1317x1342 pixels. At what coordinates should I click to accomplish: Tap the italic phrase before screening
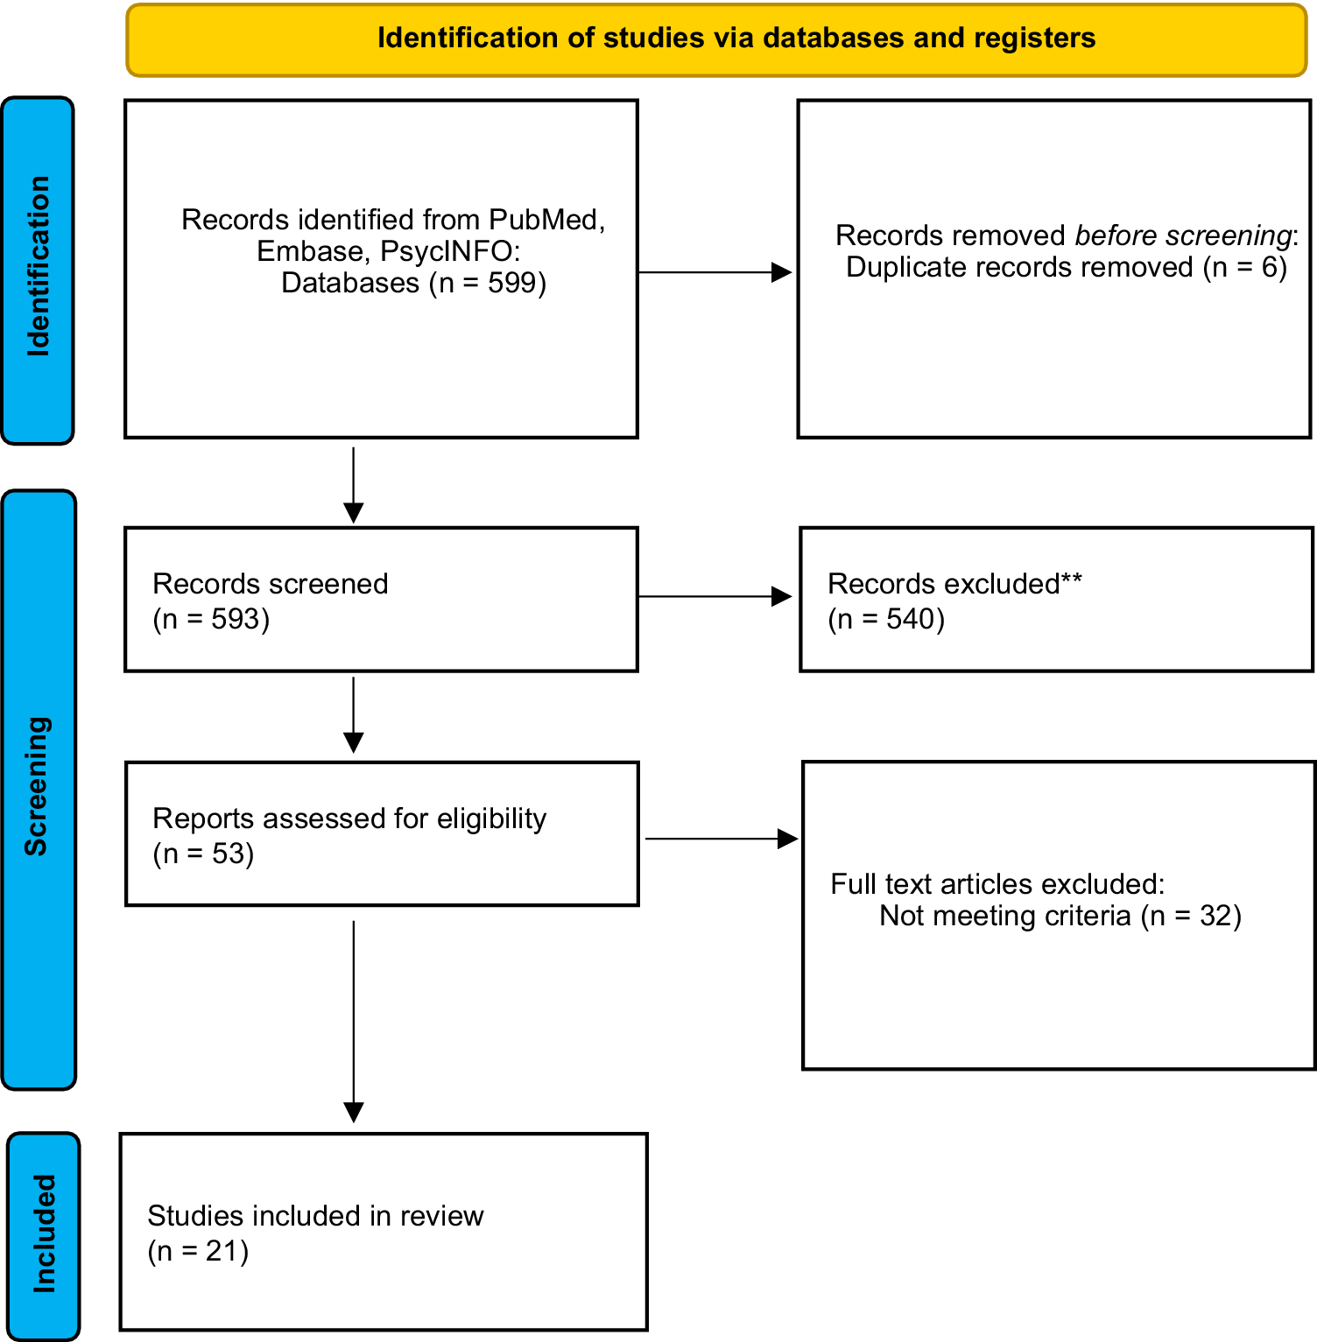pyautogui.click(x=1183, y=235)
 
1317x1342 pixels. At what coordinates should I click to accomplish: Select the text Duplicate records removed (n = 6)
pyautogui.click(x=1067, y=267)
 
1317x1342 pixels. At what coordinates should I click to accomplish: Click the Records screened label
pyautogui.click(x=271, y=584)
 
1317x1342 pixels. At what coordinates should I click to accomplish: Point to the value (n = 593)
pyautogui.click(x=211, y=619)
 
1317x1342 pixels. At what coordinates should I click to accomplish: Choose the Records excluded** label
pyautogui.click(x=955, y=583)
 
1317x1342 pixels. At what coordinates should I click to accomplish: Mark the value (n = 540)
pyautogui.click(x=886, y=619)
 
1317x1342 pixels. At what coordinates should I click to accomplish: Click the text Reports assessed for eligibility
pyautogui.click(x=349, y=819)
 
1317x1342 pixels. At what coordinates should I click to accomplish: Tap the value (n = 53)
pyautogui.click(x=203, y=854)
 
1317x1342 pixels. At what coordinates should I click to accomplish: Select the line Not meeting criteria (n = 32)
pyautogui.click(x=1060, y=916)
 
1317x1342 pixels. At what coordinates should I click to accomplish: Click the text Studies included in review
pyautogui.click(x=315, y=1216)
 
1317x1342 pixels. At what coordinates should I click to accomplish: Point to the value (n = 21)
pyautogui.click(x=198, y=1251)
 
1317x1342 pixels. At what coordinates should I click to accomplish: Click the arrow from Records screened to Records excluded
pyautogui.click(x=715, y=597)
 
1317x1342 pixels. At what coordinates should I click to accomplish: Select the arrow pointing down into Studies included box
pyautogui.click(x=354, y=1022)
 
